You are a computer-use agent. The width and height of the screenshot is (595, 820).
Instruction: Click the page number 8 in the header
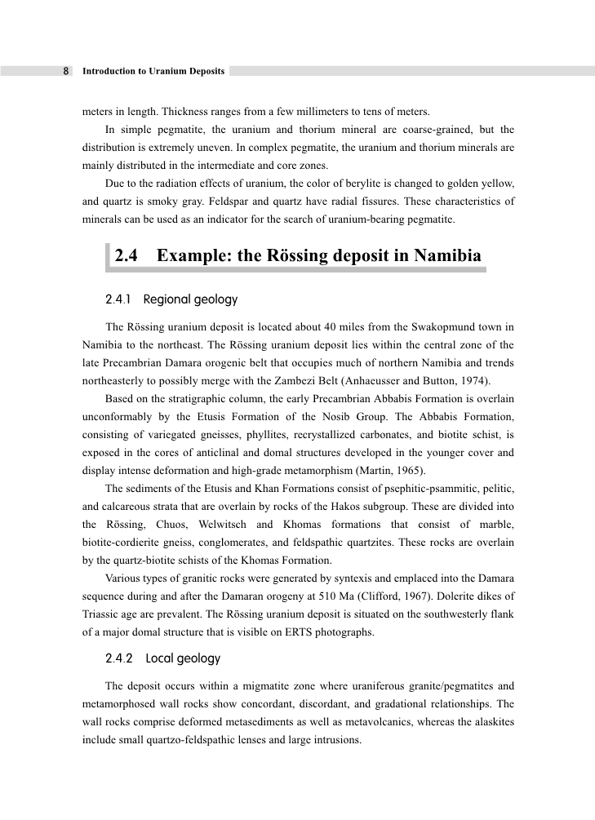coord(66,71)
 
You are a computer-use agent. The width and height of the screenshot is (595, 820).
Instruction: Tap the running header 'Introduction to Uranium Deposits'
coord(153,71)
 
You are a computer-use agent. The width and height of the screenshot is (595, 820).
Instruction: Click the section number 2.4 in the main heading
coord(126,256)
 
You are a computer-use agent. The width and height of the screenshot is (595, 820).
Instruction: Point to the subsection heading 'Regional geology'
coord(190,299)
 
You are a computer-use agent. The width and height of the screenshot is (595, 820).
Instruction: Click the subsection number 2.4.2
coord(121,658)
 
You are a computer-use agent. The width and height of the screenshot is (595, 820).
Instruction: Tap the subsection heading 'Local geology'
coord(183,658)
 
